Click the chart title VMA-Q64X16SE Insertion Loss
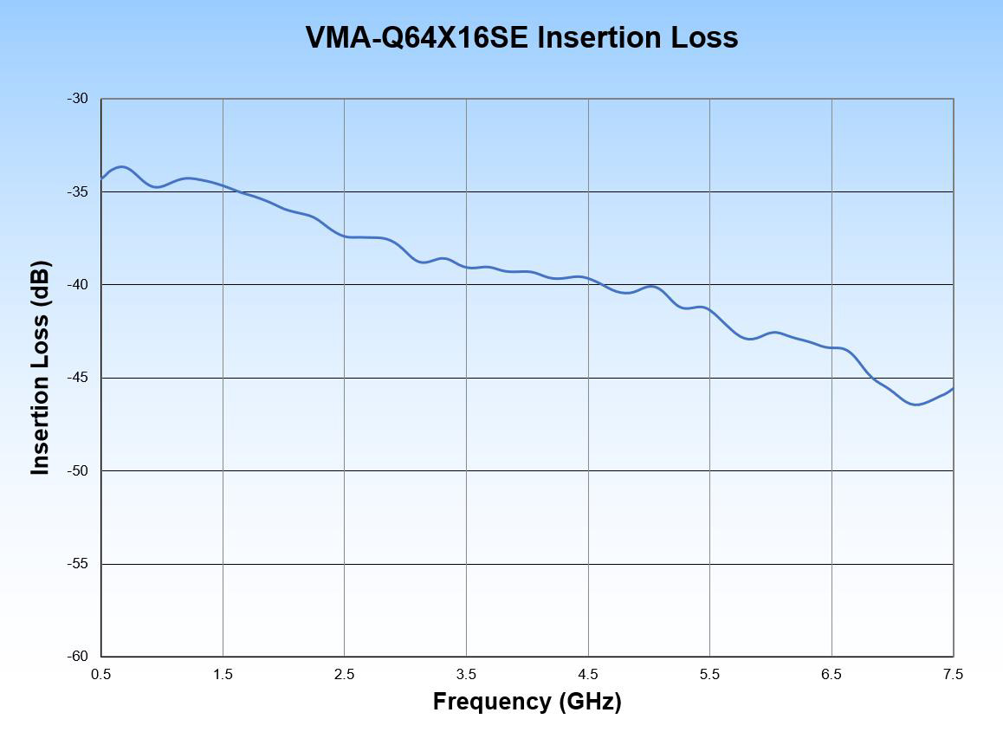(x=521, y=37)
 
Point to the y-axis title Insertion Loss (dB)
(x=40, y=367)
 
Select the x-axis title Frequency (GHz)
(x=527, y=701)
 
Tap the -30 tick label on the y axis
(x=78, y=99)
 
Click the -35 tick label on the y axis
(x=78, y=191)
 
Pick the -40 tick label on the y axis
(x=78, y=285)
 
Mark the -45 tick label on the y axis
(x=78, y=378)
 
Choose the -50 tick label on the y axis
(x=78, y=471)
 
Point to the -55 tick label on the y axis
(x=78, y=564)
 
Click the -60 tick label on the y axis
(x=78, y=657)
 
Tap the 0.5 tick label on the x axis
(x=101, y=675)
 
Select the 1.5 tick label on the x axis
(x=223, y=675)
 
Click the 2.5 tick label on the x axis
(x=345, y=675)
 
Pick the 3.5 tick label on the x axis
(x=467, y=675)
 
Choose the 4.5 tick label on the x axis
(x=588, y=675)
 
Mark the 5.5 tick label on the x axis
(x=710, y=675)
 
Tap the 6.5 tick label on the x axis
(x=832, y=675)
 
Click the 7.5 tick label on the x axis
(x=953, y=675)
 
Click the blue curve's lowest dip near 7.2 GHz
(x=916, y=405)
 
